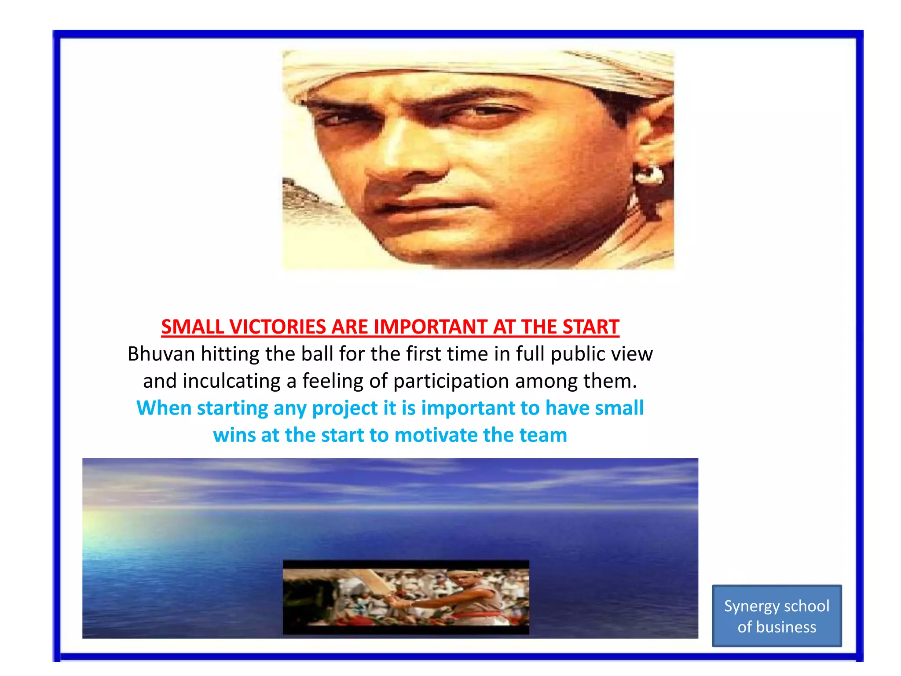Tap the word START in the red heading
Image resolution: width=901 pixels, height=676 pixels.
point(590,327)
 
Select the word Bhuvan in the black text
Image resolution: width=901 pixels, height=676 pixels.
point(161,354)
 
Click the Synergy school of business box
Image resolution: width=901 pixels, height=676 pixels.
point(776,616)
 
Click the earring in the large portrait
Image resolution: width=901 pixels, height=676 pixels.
point(647,174)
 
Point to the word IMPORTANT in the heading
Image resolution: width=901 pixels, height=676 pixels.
point(431,327)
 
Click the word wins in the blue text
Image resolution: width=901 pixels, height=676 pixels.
point(234,435)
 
